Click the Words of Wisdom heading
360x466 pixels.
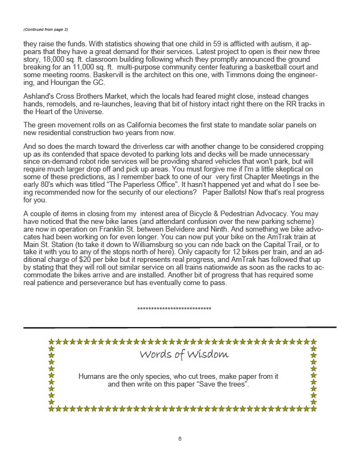coord(176,354)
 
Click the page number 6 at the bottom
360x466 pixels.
coord(180,439)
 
